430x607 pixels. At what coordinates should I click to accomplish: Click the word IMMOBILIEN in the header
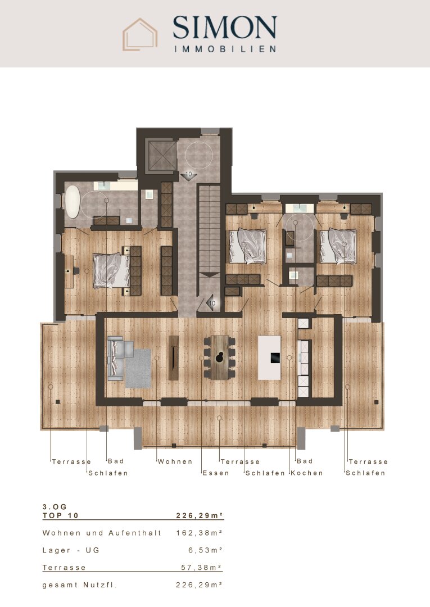pos(225,49)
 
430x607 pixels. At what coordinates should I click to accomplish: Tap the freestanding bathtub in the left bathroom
pos(72,202)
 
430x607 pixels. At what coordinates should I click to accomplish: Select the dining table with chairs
pos(220,357)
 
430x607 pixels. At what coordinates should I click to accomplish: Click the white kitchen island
pos(269,357)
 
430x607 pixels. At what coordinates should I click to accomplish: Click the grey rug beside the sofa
pos(139,368)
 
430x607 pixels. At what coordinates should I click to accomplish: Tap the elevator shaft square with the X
pos(161,155)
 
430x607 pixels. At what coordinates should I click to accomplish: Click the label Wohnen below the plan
pos(175,461)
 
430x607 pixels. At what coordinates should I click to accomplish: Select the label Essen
pos(216,473)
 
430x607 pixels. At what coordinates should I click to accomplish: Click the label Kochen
pos(307,473)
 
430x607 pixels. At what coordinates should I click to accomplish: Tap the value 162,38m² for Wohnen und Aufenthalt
pos(200,533)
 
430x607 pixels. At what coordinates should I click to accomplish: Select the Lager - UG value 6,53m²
pos(205,550)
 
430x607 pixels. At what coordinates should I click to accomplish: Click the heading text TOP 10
pos(60,515)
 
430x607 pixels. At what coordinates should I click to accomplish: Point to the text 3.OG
pos(55,507)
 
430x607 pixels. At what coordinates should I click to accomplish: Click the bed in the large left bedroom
pos(112,270)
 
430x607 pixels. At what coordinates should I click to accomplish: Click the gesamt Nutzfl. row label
pos(79,585)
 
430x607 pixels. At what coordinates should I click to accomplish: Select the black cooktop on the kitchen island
pos(275,357)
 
